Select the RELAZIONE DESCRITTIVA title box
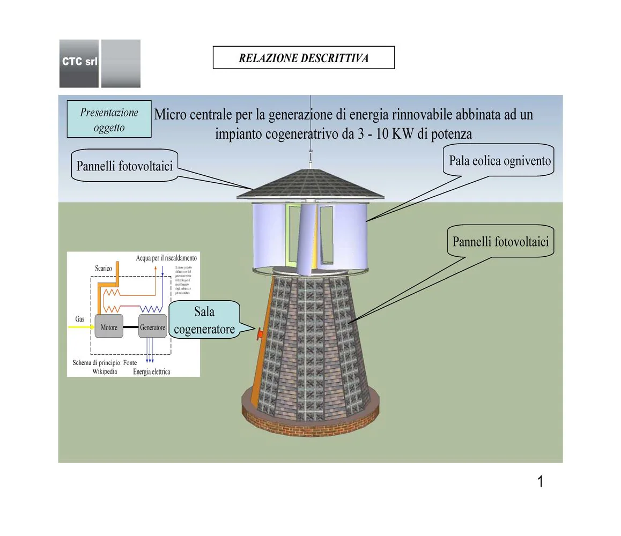point(304,58)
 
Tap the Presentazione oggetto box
point(109,120)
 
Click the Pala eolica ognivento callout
point(499,160)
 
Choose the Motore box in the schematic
point(109,327)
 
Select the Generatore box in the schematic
point(152,327)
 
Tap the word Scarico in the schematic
point(103,268)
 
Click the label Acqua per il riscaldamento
point(166,258)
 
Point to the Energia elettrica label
point(151,371)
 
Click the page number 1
point(540,482)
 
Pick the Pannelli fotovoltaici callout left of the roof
point(124,166)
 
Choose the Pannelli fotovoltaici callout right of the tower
point(500,241)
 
